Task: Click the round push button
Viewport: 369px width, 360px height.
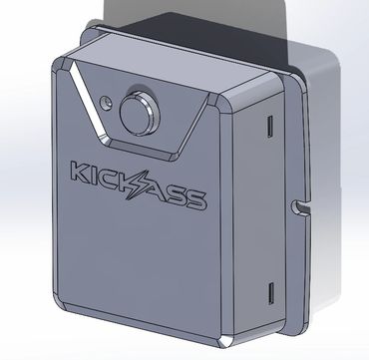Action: point(140,114)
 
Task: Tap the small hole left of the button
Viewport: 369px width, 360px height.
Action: point(106,103)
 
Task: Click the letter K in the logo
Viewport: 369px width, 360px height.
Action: point(81,172)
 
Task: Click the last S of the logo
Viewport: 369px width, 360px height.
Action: point(195,200)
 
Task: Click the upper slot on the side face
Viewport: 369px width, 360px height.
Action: point(270,127)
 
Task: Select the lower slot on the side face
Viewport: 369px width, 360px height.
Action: point(271,293)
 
